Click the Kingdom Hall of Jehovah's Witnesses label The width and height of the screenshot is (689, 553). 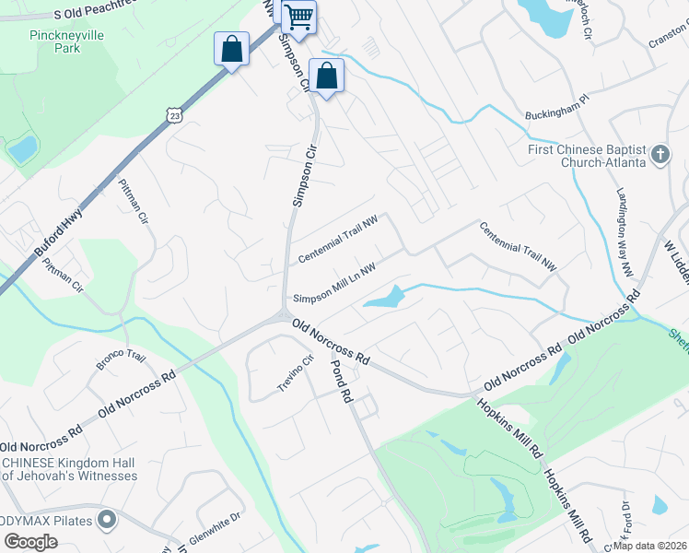(69, 468)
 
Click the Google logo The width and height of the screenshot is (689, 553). (30, 541)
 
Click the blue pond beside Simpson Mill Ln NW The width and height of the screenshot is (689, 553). (384, 298)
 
